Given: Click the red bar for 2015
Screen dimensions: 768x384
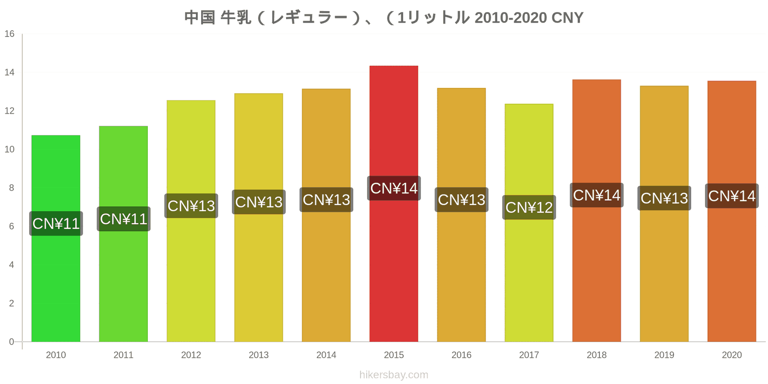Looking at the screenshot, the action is [394, 204].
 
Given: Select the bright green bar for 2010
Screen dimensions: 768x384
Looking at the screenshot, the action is [56, 238].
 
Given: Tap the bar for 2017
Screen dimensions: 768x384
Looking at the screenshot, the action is [528, 223].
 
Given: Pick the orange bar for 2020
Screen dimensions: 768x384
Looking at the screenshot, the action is [732, 211].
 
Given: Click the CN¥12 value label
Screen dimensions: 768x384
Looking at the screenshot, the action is [529, 207].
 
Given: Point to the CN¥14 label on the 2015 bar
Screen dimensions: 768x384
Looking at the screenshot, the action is [394, 188].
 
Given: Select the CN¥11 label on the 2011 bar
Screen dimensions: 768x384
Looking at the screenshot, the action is [123, 219].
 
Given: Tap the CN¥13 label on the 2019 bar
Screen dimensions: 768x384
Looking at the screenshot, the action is [664, 198].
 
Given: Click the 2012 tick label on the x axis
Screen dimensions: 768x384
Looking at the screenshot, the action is [191, 355].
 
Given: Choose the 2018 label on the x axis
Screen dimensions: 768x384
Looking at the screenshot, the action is [597, 355].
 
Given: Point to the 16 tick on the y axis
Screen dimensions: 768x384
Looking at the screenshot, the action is [10, 34].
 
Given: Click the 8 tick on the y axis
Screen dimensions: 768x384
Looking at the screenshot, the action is [12, 188].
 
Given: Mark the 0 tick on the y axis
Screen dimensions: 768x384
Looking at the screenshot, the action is [12, 341].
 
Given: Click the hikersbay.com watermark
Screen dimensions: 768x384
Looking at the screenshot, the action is [394, 374].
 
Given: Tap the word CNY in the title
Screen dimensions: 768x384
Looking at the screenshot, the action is [567, 18].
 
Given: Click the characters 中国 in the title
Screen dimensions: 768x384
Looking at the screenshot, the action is [200, 17].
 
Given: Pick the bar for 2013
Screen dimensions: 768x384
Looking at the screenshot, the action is [259, 217].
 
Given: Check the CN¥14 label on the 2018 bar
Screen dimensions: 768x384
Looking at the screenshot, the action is [597, 195].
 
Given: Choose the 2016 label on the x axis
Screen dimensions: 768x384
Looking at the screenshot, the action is [461, 355].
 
